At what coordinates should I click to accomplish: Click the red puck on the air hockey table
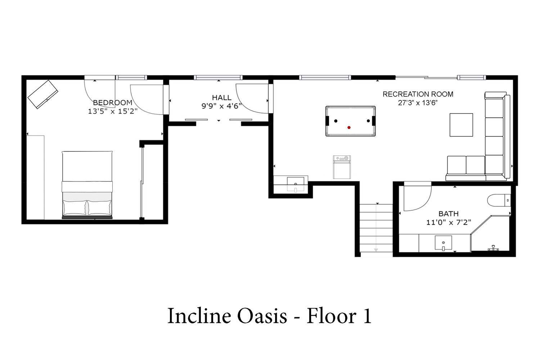349,127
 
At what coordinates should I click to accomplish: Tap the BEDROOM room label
113,103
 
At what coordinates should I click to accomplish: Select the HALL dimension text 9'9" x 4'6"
221,106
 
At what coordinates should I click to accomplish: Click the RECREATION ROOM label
418,94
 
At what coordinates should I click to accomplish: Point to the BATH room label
449,213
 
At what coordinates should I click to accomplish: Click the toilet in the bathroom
499,200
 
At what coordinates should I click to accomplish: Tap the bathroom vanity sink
443,243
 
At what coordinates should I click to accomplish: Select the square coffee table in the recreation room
461,125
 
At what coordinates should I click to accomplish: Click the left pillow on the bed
75,208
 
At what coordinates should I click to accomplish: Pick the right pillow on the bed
99,208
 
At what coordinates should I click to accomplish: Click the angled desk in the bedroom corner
43,94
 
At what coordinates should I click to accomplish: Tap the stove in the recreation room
342,167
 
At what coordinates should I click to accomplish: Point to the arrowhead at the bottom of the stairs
376,250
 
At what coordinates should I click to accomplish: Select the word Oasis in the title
262,316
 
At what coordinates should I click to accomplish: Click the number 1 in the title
367,316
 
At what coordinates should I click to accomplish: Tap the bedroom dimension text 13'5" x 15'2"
113,111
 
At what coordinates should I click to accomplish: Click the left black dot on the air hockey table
336,121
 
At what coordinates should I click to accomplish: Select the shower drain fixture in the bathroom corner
493,248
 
